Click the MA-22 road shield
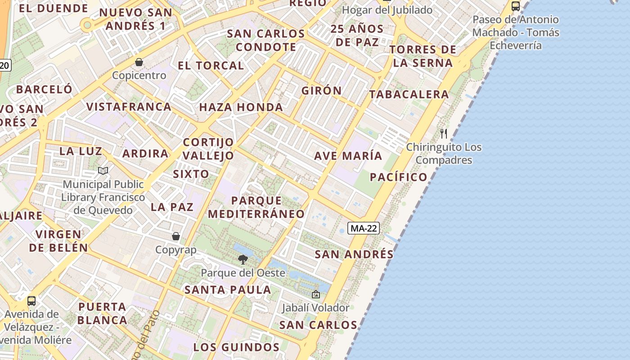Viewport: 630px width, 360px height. tap(364, 228)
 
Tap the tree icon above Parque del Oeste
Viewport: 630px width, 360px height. tap(243, 259)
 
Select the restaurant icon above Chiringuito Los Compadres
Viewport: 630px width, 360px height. tap(444, 133)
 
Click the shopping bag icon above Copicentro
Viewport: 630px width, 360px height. tap(139, 62)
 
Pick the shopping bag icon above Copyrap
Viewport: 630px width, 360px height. tap(176, 236)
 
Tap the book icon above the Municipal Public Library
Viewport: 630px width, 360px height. tap(103, 171)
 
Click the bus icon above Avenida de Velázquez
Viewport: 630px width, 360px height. tap(31, 301)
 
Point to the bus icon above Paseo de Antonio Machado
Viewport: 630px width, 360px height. tap(516, 6)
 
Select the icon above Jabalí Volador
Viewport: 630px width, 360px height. tap(316, 294)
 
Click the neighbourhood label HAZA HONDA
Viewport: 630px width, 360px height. tap(241, 107)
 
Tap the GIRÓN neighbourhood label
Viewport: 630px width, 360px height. tap(322, 90)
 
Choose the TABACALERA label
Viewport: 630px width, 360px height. tap(409, 94)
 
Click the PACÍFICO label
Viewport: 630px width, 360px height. tap(399, 177)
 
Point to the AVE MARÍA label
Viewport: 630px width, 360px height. tap(348, 156)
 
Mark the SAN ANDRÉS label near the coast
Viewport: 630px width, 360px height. tap(354, 254)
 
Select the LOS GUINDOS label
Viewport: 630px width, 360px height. tap(236, 347)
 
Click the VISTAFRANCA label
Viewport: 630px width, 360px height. tap(129, 107)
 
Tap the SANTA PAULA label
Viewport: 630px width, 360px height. tap(228, 290)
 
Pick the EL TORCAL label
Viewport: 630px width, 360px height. tap(211, 65)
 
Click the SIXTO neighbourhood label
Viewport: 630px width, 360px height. tap(191, 174)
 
